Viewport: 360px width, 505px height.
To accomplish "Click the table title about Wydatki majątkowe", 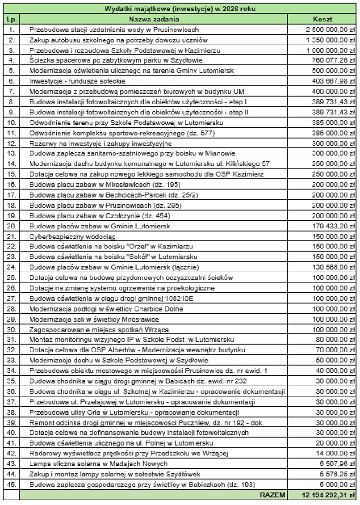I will pyautogui.click(x=180, y=9).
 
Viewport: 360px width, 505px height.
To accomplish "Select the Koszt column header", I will pyautogui.click(x=323, y=19).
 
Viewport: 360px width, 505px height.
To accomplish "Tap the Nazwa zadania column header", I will pyautogui.click(x=154, y=19).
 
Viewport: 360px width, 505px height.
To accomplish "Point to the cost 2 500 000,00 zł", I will pyautogui.click(x=330, y=29).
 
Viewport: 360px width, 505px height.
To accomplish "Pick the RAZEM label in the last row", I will pyautogui.click(x=273, y=495).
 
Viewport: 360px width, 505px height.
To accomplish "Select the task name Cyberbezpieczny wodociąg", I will pyautogui.click(x=73, y=237).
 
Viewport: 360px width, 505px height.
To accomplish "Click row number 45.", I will pyautogui.click(x=11, y=485).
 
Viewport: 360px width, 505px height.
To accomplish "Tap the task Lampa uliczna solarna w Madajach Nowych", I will pyautogui.click(x=99, y=464).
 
